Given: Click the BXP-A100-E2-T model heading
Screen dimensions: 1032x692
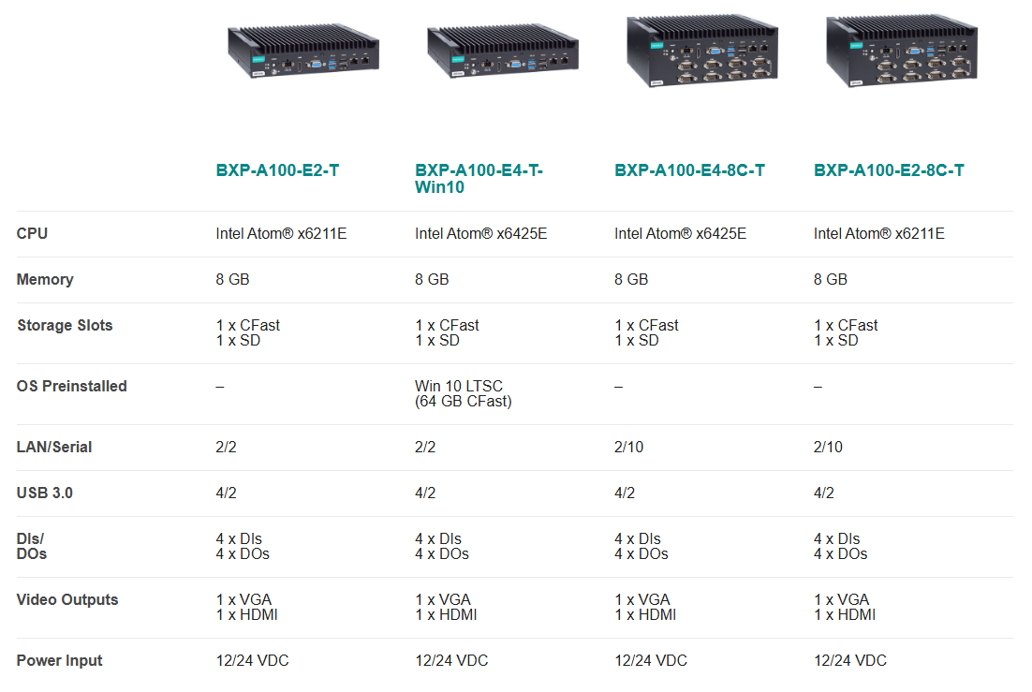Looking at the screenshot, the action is tap(277, 170).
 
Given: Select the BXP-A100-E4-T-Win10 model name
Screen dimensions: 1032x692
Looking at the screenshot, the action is tap(479, 179).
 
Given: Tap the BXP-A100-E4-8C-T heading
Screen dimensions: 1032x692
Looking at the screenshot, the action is tap(689, 170).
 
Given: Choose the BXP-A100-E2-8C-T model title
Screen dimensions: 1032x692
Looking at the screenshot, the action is tap(889, 170).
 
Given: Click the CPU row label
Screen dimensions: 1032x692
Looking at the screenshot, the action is tap(32, 234).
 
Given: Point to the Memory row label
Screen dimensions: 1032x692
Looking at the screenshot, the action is tap(45, 280).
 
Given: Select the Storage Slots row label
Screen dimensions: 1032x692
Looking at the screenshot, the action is tap(65, 325).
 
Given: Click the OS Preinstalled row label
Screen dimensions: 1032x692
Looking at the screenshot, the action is tap(72, 387).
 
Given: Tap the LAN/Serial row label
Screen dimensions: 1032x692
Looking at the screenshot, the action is tap(54, 447).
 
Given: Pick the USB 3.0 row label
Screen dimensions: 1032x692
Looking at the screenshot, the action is tap(44, 493).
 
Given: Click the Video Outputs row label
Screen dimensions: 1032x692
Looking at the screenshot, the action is tap(67, 600).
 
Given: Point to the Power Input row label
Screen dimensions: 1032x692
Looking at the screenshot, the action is tap(59, 660).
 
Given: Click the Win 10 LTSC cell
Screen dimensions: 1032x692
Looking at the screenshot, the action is tap(464, 393).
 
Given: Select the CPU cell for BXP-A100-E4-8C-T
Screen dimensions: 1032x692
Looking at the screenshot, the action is tap(680, 234).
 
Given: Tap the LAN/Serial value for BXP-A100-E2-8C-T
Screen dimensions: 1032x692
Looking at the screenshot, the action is tap(827, 447).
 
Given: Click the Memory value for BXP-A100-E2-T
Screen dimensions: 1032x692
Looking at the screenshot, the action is tap(232, 280).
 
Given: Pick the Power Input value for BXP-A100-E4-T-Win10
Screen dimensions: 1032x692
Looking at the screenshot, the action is tap(451, 660).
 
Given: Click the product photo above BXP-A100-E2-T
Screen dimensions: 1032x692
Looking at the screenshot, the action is tap(303, 52).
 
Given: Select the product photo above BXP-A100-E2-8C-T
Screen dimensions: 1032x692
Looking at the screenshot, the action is tap(902, 50).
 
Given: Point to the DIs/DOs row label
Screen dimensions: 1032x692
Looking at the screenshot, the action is tap(32, 547).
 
